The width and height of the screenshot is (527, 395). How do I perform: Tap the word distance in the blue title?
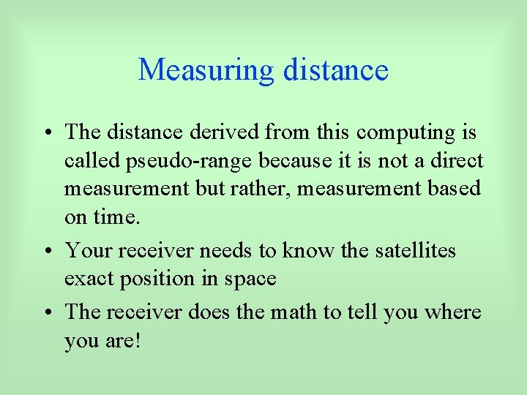point(334,70)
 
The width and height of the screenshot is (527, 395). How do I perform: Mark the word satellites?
point(414,251)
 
